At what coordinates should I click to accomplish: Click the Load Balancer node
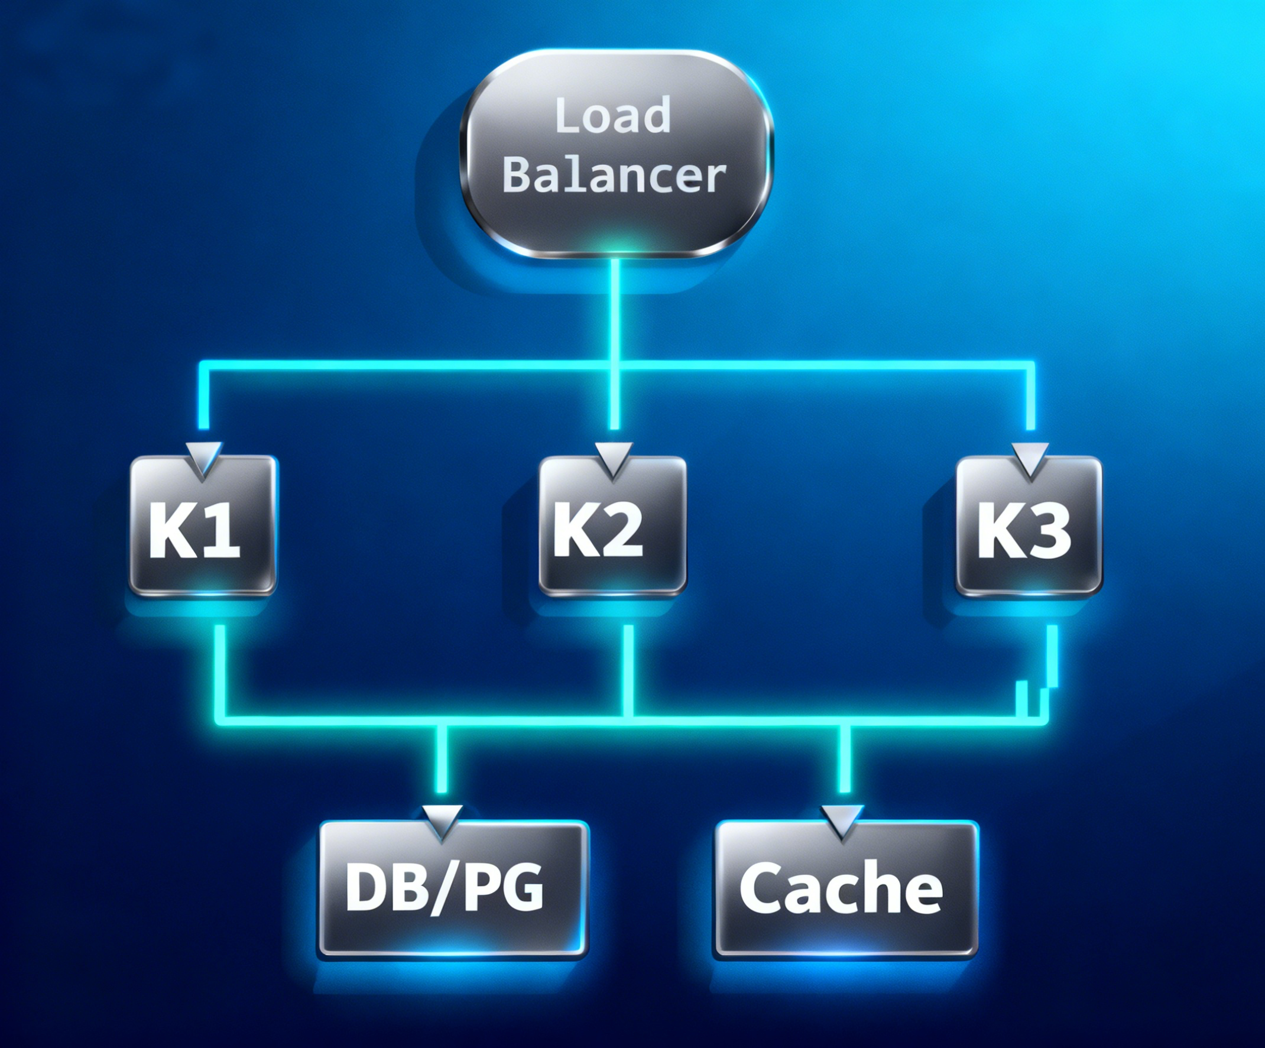pyautogui.click(x=615, y=154)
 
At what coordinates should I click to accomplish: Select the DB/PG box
pyautogui.click(x=453, y=888)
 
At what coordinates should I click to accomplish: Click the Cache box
pyautogui.click(x=846, y=888)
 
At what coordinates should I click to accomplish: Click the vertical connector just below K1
pyautogui.click(x=220, y=663)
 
